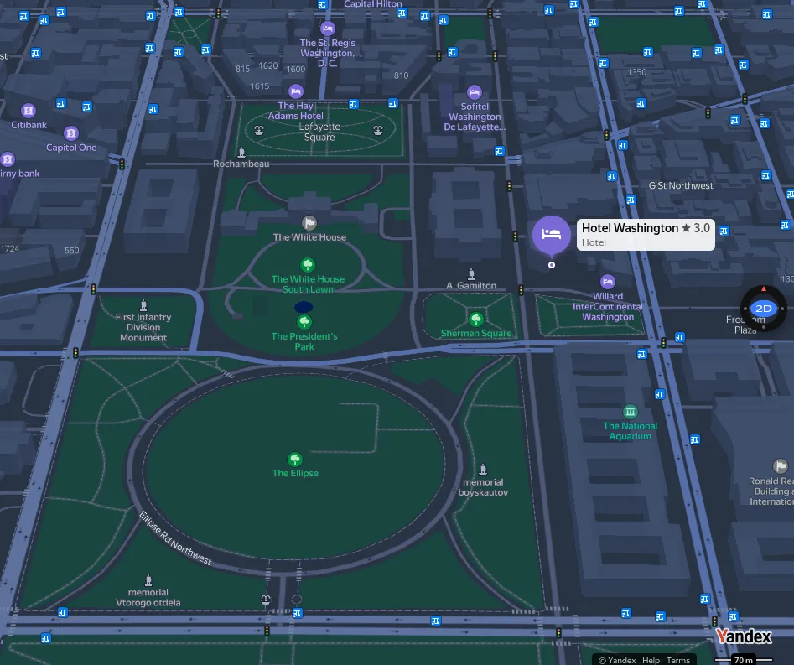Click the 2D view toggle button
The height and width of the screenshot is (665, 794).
[x=763, y=309]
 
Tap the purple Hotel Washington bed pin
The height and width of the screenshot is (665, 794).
[x=551, y=234]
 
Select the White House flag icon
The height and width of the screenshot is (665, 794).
[x=309, y=223]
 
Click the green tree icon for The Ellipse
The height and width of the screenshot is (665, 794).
[x=295, y=460]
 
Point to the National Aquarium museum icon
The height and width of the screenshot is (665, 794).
[x=631, y=412]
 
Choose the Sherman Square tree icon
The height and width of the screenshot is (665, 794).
[x=476, y=320]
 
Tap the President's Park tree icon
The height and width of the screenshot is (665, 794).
[x=304, y=322]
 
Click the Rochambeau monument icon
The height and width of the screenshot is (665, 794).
[x=241, y=153]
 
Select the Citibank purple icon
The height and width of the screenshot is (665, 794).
[x=29, y=111]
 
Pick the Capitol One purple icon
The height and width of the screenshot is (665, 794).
[x=71, y=133]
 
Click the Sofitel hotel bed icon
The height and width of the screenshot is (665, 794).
[x=475, y=92]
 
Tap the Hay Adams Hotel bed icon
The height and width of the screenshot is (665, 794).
[x=295, y=91]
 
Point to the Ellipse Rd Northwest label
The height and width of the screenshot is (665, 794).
[x=175, y=538]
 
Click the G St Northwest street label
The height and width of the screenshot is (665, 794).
[x=681, y=185]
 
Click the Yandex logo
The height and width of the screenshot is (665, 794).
[x=743, y=636]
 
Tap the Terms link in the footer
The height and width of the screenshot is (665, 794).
[x=678, y=660]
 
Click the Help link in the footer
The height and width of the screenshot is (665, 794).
[x=651, y=660]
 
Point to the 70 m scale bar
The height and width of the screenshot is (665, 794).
[x=743, y=660]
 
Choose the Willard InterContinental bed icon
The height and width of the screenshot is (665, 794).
[x=608, y=282]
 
